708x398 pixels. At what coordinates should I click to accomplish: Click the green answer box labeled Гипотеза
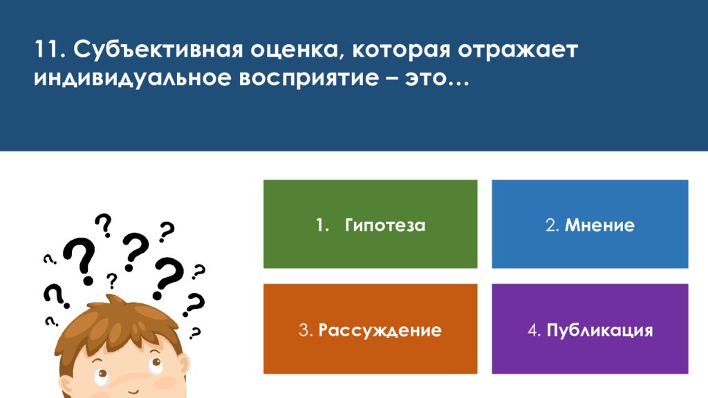point(371,224)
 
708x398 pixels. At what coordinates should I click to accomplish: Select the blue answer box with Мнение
point(590,224)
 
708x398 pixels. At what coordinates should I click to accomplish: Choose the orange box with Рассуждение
point(371,328)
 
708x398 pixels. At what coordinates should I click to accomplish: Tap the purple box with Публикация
point(590,328)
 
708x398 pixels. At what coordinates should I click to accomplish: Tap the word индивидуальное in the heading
point(132,78)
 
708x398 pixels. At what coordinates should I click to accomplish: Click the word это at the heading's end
point(427,79)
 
